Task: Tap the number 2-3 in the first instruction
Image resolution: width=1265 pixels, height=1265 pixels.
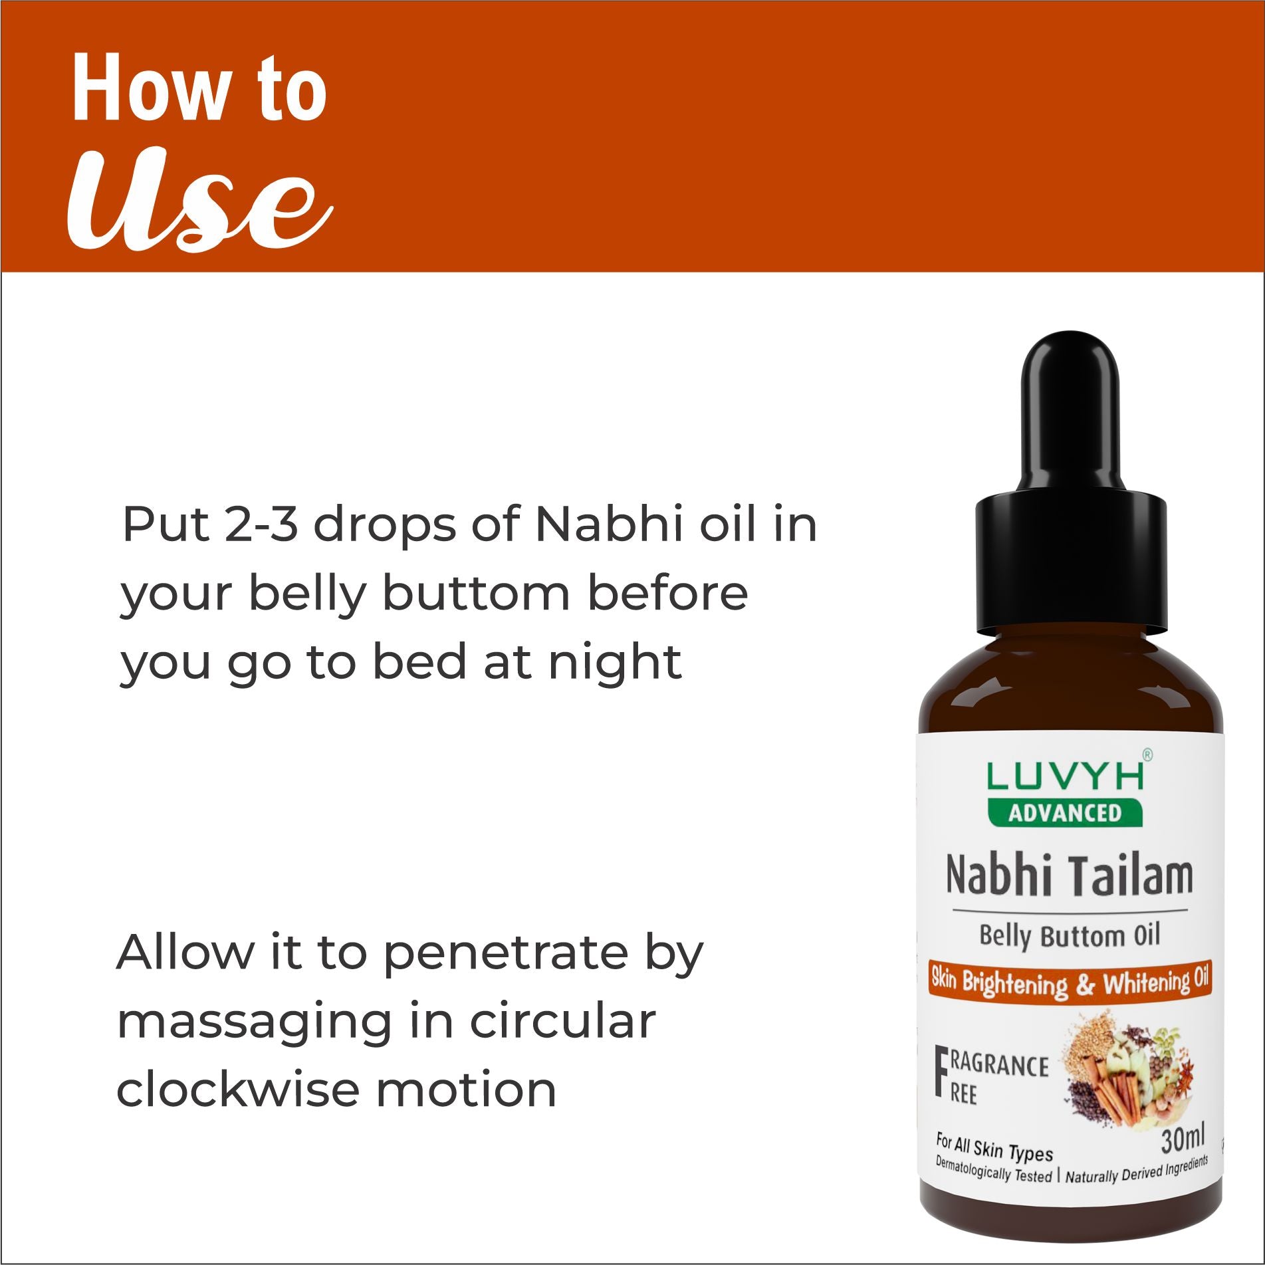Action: click(x=261, y=525)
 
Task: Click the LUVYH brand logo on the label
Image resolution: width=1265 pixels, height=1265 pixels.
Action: click(x=1066, y=776)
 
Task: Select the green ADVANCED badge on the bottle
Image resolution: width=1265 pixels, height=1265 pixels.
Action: click(x=1065, y=813)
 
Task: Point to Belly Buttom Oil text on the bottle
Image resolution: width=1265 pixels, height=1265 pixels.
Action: click(x=1069, y=936)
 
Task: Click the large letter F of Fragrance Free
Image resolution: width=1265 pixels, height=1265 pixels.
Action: click(x=941, y=1071)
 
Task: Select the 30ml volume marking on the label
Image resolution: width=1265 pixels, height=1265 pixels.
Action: click(x=1182, y=1141)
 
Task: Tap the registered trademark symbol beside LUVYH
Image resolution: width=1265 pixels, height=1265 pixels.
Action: click(x=1147, y=754)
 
